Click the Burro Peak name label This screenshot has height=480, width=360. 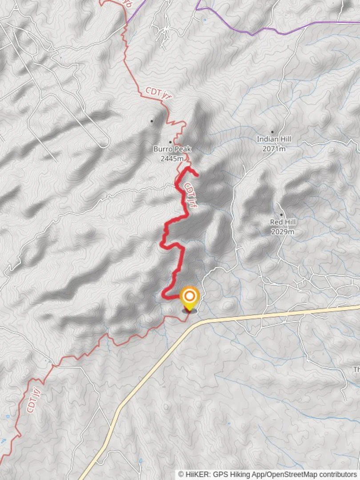point(172,149)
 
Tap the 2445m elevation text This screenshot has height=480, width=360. point(172,159)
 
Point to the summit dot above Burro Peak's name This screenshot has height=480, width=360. point(170,142)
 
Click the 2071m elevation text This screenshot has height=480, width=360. point(273,149)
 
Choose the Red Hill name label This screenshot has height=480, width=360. point(283,222)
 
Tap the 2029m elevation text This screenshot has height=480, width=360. point(283,232)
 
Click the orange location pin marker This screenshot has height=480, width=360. point(190,296)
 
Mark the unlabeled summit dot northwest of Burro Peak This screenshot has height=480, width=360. point(152,120)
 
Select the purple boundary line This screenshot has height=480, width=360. point(267,32)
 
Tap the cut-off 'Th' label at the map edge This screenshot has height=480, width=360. point(356,370)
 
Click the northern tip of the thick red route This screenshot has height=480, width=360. point(196,174)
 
